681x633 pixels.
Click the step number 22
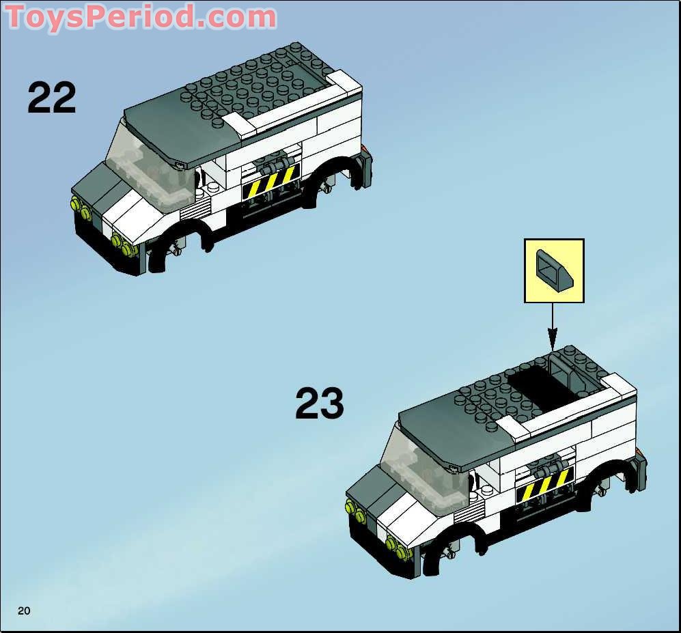(52, 98)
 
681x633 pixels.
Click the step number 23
(320, 404)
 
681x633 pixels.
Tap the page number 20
(24, 610)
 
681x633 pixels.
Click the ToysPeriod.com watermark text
(141, 17)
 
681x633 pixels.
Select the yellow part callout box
(554, 270)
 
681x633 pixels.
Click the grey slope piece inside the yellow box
(555, 270)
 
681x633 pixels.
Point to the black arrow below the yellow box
(553, 328)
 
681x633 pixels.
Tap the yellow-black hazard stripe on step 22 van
(271, 182)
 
